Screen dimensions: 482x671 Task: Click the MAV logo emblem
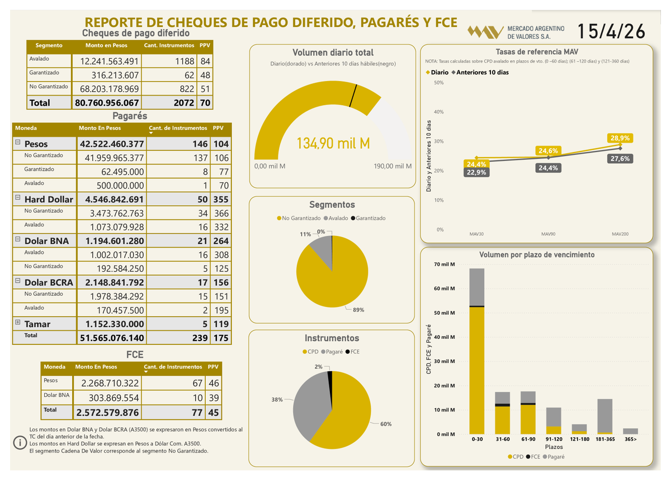point(485,32)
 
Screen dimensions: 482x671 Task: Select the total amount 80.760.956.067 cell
point(107,103)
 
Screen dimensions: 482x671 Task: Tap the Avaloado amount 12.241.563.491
point(107,61)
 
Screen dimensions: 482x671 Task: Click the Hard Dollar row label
point(48,199)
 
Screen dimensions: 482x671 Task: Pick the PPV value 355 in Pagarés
point(221,199)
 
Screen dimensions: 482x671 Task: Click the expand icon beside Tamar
point(18,323)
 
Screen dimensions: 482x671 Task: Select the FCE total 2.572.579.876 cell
point(107,412)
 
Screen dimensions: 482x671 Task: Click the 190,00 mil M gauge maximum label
point(392,166)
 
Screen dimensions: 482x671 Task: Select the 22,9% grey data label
point(476,172)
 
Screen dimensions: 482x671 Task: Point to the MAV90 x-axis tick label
point(548,234)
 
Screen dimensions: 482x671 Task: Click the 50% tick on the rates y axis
point(439,83)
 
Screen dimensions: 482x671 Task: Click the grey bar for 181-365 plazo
point(605,415)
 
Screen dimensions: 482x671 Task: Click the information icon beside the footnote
point(21,443)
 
